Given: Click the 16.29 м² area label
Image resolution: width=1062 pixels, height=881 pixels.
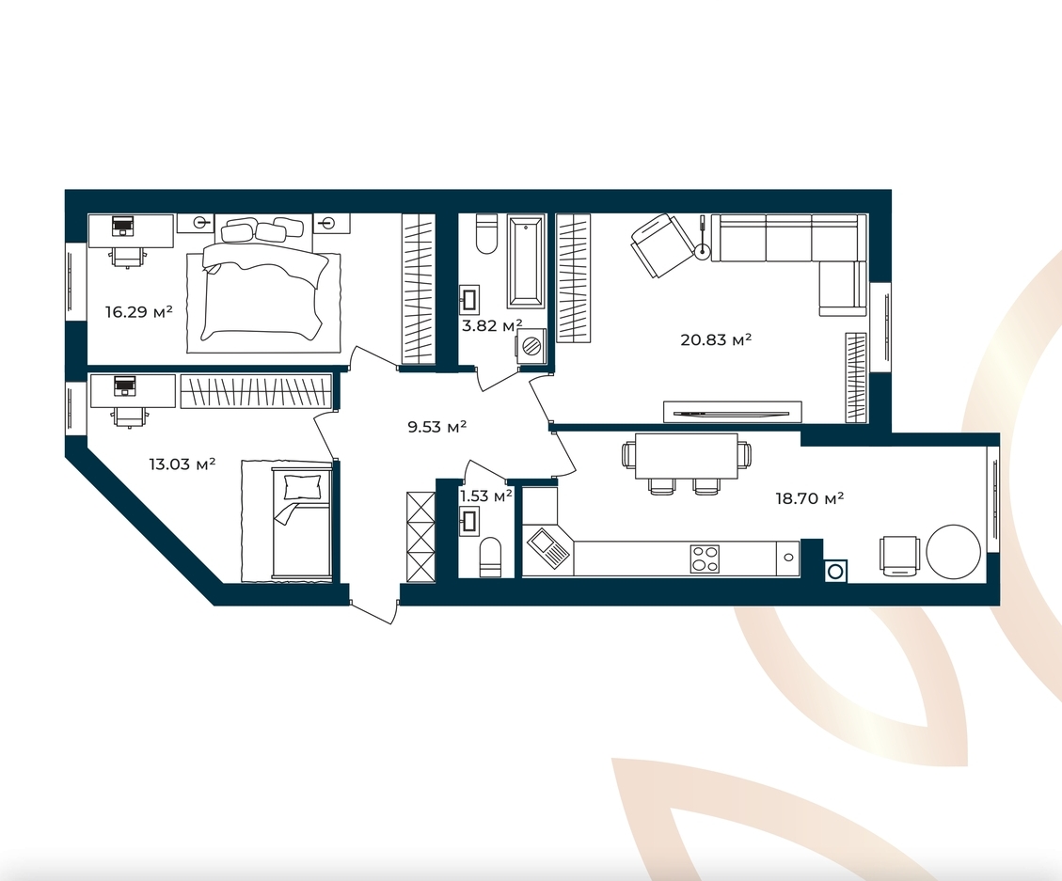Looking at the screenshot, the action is (x=139, y=312).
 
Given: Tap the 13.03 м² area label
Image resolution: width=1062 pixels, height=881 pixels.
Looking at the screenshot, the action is (x=182, y=464).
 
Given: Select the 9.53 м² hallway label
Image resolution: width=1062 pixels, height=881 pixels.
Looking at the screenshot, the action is (x=436, y=427).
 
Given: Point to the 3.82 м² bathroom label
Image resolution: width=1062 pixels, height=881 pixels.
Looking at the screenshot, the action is (x=492, y=325).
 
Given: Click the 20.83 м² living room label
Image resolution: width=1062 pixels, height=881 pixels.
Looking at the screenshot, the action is (x=716, y=339).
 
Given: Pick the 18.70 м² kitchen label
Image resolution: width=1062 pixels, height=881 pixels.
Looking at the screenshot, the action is (x=809, y=499).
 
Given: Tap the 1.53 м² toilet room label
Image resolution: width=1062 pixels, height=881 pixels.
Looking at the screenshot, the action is (x=485, y=496).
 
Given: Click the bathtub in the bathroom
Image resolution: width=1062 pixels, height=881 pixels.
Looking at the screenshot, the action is (x=526, y=261).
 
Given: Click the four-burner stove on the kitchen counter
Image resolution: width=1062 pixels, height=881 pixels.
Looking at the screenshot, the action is (x=705, y=559).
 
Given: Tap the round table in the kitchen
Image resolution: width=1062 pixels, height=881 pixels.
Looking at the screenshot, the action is (x=953, y=552).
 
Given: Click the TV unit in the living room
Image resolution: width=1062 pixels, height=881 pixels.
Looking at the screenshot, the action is (x=732, y=412).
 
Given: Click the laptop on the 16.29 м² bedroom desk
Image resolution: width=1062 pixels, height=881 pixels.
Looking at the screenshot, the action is (x=122, y=225).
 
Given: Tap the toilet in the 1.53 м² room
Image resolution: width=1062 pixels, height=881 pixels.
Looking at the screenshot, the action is (x=490, y=558).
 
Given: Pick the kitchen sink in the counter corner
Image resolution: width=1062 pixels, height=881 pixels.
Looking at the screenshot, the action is (x=548, y=548).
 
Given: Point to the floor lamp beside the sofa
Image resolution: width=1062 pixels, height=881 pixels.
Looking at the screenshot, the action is (x=703, y=238).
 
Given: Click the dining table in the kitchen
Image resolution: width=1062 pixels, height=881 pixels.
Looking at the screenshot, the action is (x=686, y=455).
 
